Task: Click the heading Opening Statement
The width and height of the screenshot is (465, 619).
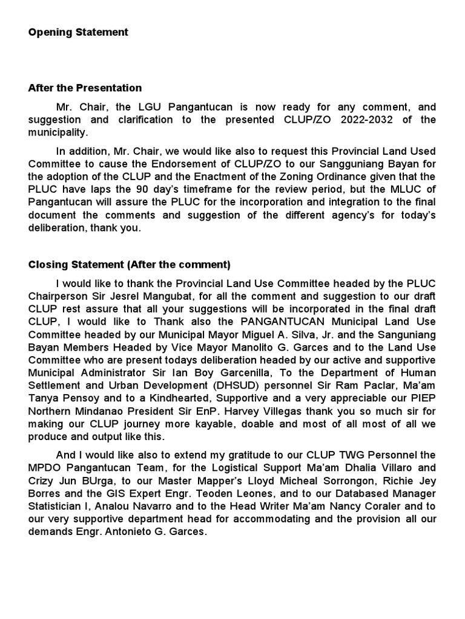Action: pos(78,33)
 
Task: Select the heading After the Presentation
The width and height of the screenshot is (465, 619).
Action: pos(85,88)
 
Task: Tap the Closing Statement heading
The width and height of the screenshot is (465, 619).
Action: pos(130,265)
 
